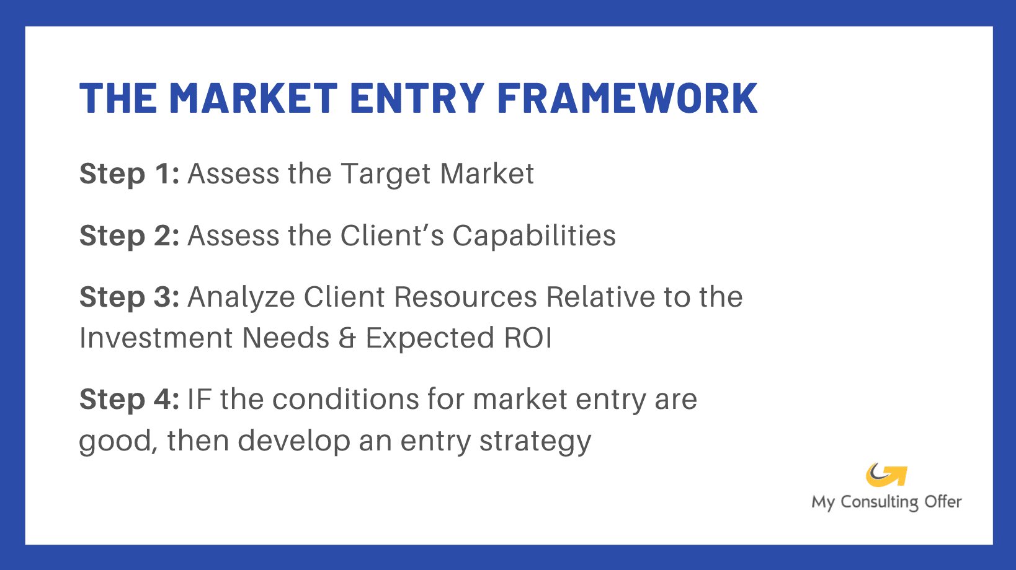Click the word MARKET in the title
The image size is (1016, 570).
click(x=252, y=99)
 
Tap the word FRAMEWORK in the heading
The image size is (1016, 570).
click(x=626, y=99)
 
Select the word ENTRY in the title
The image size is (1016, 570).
click(x=416, y=99)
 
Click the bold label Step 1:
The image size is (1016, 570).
click(x=129, y=174)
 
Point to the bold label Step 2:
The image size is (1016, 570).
click(x=129, y=236)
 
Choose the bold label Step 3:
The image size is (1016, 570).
click(x=129, y=297)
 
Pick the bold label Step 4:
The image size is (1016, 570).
click(x=129, y=400)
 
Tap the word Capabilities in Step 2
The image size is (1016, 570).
click(x=533, y=236)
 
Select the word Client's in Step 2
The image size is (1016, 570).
click(x=392, y=236)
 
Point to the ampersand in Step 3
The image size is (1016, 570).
click(x=347, y=338)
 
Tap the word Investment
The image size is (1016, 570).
click(x=156, y=338)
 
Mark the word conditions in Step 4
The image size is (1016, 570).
click(x=345, y=400)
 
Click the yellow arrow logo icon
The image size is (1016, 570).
click(x=886, y=475)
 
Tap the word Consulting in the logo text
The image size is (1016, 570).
click(x=879, y=502)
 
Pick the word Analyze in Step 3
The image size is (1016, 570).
click(x=241, y=298)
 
